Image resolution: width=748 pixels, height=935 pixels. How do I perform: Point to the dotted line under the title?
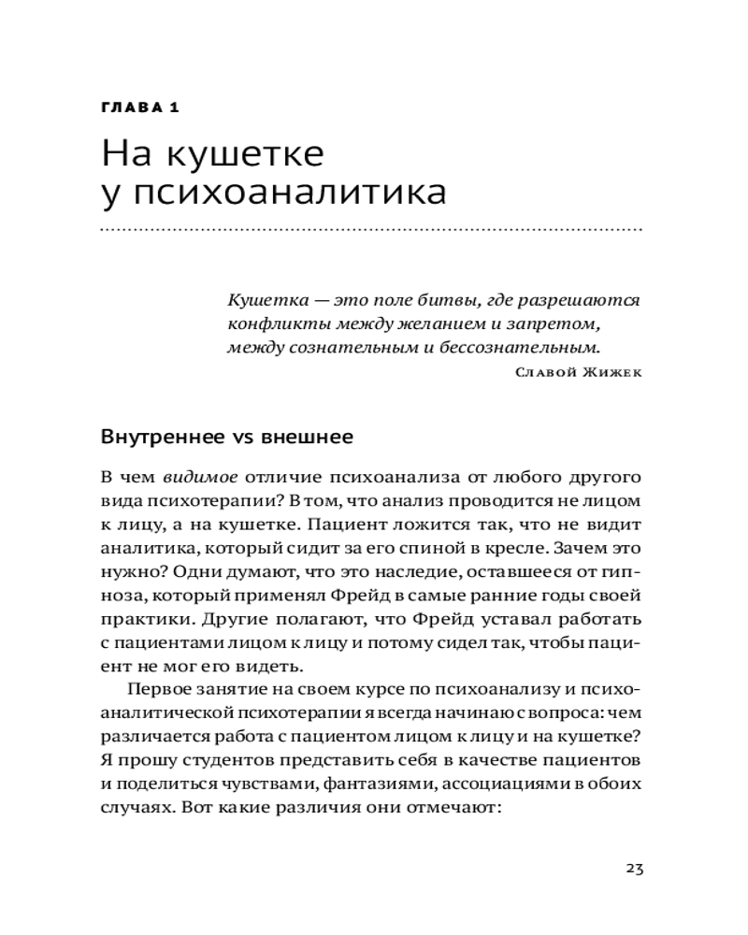click(370, 228)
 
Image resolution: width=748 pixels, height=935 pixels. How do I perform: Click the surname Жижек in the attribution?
click(614, 373)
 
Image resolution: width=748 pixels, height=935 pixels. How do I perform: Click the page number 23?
click(633, 868)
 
